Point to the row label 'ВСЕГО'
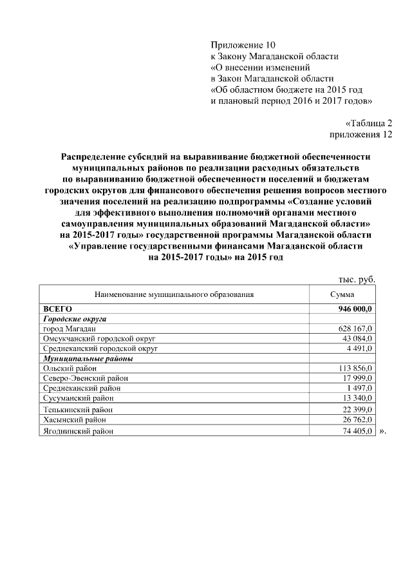click(57, 309)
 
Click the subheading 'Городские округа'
click(74, 319)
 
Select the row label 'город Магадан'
click(69, 329)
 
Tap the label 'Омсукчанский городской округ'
click(99, 338)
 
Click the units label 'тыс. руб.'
click(356, 279)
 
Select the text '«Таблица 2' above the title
click(368, 123)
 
